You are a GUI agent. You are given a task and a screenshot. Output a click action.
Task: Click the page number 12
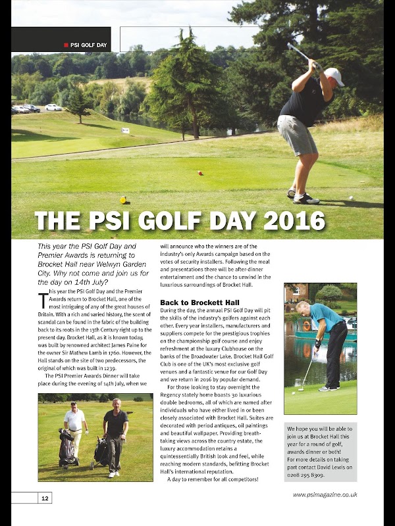pos(45,498)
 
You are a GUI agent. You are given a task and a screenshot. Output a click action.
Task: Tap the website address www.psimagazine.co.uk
pos(325,494)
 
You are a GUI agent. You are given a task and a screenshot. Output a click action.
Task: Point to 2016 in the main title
pos(292,220)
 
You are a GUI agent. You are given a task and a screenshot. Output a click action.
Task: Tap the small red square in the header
pos(66,45)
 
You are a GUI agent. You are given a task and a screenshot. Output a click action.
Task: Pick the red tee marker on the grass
pos(200,173)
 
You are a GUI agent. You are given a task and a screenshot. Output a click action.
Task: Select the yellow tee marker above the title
pos(123,200)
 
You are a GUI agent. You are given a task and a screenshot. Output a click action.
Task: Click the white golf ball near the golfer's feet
pos(350,197)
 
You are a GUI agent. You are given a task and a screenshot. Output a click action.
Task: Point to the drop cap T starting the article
pos(43,300)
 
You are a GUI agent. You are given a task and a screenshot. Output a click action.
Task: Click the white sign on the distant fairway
pos(125,130)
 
